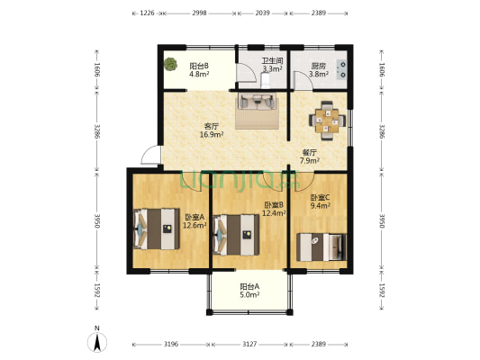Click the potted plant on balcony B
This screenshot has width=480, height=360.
coord(170,64)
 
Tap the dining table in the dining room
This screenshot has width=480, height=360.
coord(327,121)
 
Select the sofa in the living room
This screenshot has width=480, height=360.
coord(257,101)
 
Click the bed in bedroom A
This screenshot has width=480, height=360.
coord(156,229)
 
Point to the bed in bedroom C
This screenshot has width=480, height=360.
coord(322,247)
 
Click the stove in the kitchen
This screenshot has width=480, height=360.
coord(342,69)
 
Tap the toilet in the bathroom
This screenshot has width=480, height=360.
coord(265,81)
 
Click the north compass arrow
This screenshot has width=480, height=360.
coord(97,342)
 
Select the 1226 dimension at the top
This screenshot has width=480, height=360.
coord(147,13)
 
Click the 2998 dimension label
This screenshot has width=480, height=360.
coord(199,13)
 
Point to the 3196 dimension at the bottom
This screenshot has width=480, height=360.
coord(171,345)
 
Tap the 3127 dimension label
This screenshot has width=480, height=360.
coord(249,345)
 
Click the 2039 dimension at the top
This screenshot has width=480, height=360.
coord(262,13)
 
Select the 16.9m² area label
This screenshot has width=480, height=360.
coord(212,134)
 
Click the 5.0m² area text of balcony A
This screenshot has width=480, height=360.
coord(249,295)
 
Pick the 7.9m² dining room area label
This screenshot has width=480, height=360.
coord(310,160)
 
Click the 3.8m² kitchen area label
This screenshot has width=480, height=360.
coord(319,74)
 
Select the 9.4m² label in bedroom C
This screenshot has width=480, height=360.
coord(321,205)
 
